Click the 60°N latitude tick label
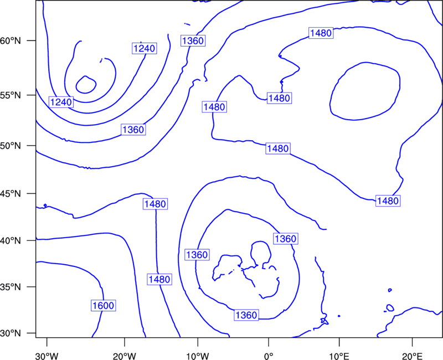(x=11, y=41)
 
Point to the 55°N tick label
(x=11, y=95)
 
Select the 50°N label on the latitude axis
(x=11, y=146)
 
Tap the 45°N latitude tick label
(x=11, y=194)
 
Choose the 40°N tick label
(x=11, y=241)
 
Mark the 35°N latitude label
(x=11, y=287)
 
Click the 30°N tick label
(x=11, y=333)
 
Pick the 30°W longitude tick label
(x=47, y=356)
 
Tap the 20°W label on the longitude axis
(x=125, y=356)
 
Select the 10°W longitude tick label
(x=198, y=356)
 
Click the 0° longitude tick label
(x=269, y=356)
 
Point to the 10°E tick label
(x=339, y=356)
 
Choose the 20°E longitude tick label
(x=412, y=356)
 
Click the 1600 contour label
(x=104, y=306)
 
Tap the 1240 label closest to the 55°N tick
(x=61, y=102)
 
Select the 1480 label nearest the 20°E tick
(x=388, y=201)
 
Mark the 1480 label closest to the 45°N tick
(x=156, y=204)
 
